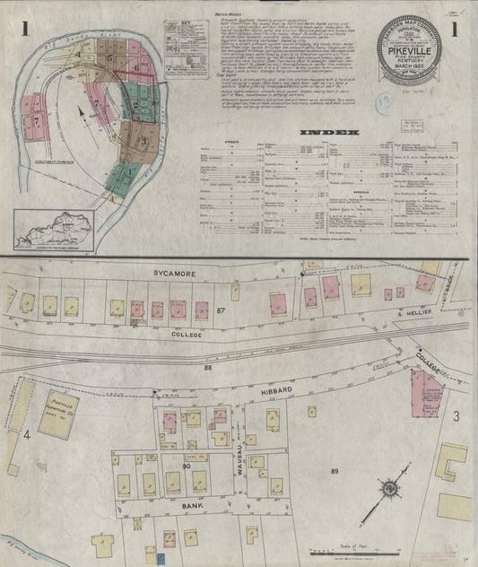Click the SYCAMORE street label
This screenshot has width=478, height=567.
174,269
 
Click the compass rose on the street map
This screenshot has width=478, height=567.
391,490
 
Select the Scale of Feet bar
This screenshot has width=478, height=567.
356,552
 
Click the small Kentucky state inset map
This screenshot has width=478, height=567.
54,230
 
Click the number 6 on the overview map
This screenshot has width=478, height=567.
137,67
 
